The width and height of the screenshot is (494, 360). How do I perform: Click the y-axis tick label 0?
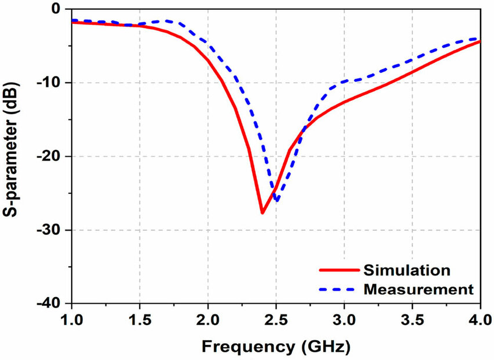(57, 9)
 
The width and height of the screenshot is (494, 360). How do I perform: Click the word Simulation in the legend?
(406, 270)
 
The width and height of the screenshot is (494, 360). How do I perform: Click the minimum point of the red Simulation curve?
(262, 213)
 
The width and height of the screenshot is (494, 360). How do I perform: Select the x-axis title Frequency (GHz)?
(276, 347)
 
